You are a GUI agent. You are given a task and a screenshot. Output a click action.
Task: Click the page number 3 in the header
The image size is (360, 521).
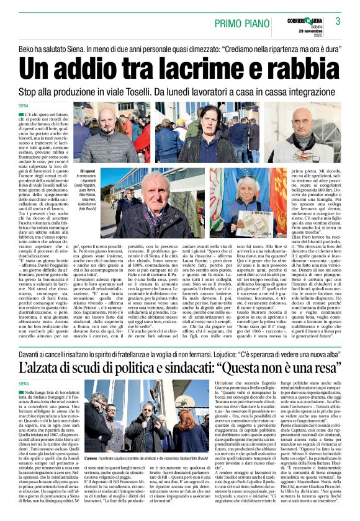(338, 20)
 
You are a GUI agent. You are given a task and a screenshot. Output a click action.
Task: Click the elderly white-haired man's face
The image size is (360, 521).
(150, 186)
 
